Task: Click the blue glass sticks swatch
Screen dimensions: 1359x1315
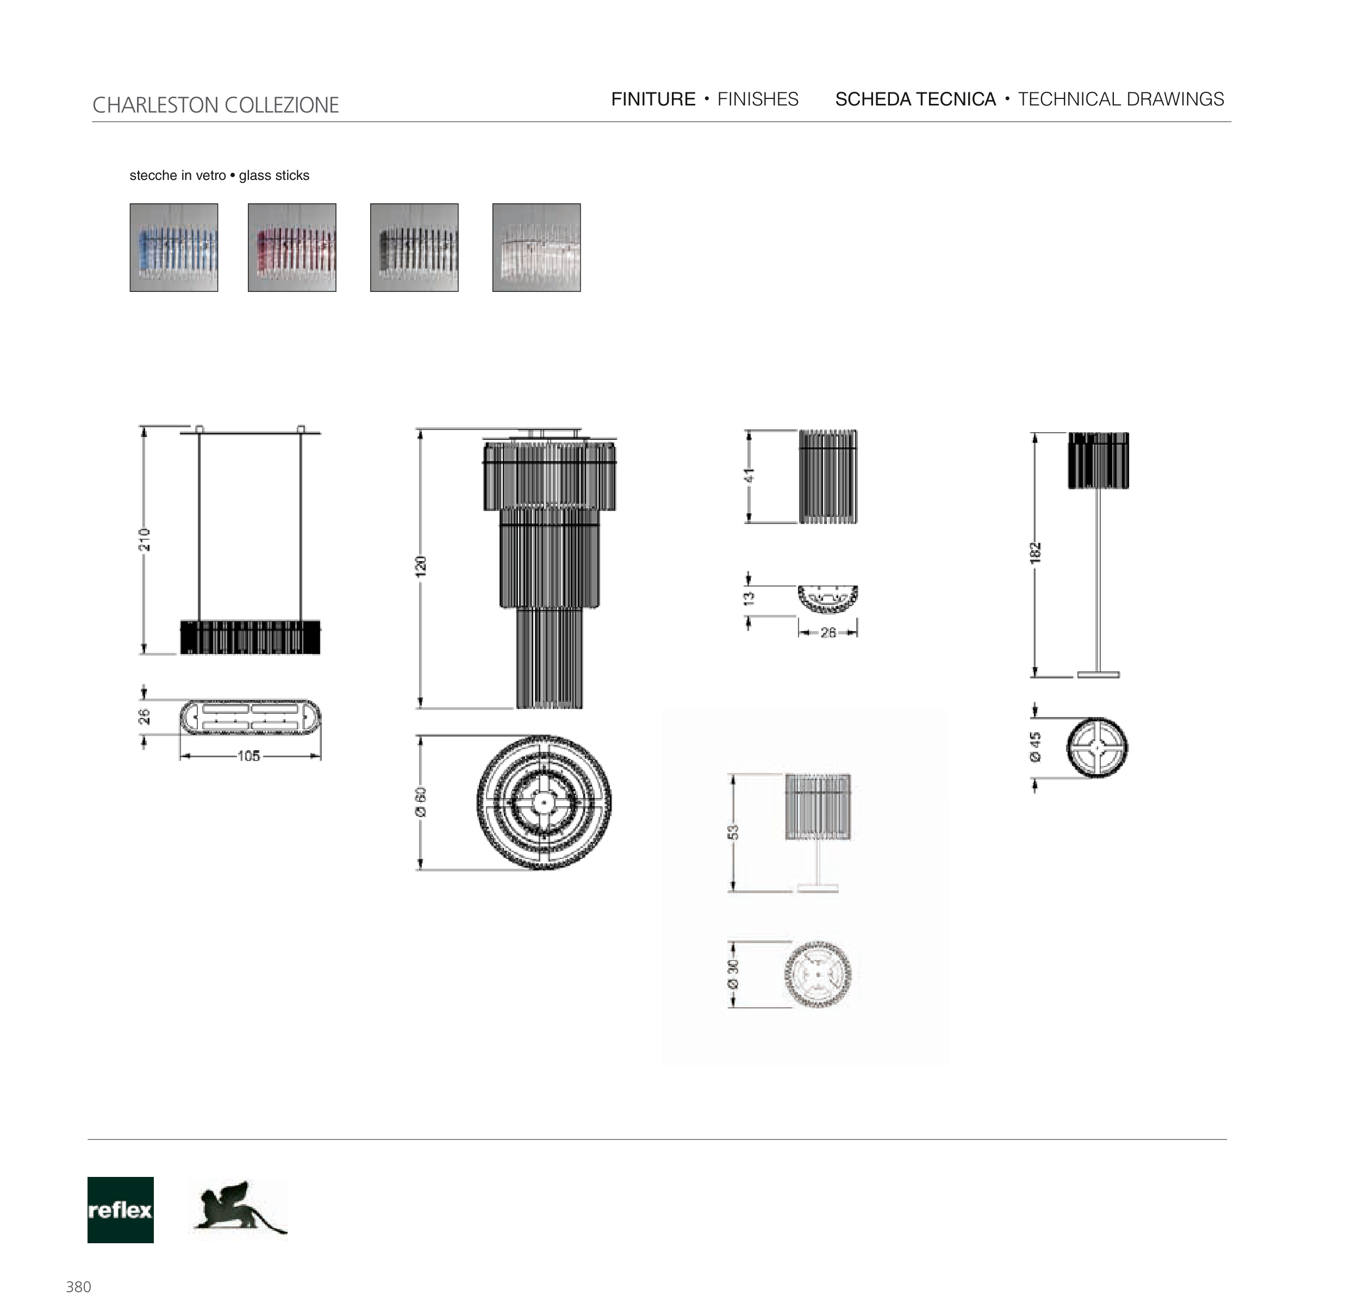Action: pyautogui.click(x=174, y=247)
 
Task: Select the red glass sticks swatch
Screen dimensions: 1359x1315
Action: pyautogui.click(x=292, y=247)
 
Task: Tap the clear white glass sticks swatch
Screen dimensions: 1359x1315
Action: pyautogui.click(x=537, y=247)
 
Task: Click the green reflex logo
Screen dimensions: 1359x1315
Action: pyautogui.click(x=121, y=1210)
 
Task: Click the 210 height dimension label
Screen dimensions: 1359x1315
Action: pyautogui.click(x=144, y=540)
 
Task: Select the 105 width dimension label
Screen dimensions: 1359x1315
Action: pyautogui.click(x=249, y=756)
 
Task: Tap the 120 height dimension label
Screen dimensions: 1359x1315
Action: pyautogui.click(x=421, y=566)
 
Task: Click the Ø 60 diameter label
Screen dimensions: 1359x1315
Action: pyautogui.click(x=421, y=802)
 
